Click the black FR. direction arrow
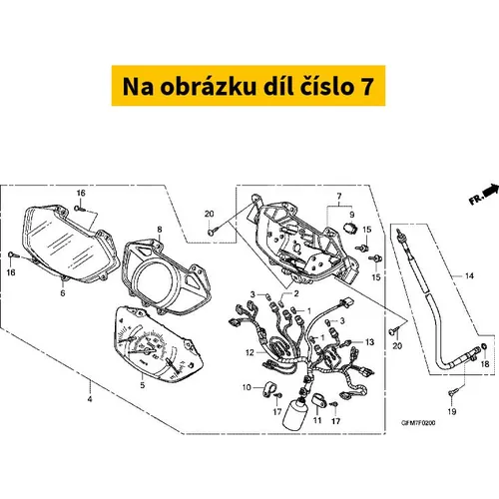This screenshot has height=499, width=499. (491, 191)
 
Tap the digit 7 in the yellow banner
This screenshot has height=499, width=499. (367, 87)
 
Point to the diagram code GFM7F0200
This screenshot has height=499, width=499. (418, 423)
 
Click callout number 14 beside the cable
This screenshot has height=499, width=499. (469, 275)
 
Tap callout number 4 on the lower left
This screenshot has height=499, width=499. (90, 399)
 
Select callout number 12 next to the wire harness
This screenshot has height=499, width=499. (249, 352)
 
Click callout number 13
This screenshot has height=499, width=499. (369, 342)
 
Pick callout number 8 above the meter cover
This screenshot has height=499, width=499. (160, 230)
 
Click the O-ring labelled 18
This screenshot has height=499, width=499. (484, 346)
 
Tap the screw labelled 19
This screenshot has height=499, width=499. (451, 393)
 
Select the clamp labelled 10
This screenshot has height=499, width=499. (268, 389)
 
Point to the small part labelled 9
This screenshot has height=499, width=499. (349, 229)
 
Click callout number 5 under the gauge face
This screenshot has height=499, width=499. (143, 386)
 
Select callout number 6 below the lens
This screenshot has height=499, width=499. (63, 293)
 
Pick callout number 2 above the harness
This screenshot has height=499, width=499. (296, 293)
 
